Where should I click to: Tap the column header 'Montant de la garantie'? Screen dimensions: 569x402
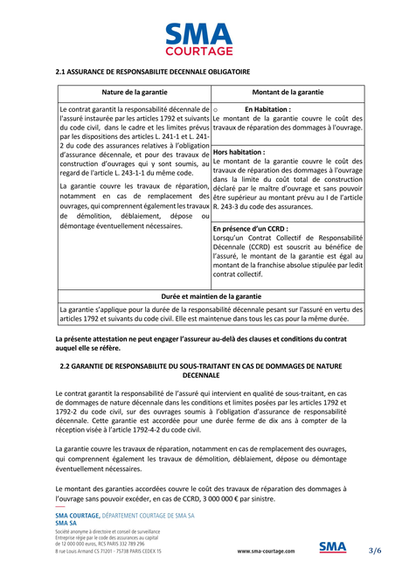point(288,92)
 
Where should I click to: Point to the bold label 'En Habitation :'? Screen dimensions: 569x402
point(267,109)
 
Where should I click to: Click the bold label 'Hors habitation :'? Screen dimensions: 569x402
point(239,152)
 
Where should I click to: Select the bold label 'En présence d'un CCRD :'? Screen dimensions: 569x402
point(250,229)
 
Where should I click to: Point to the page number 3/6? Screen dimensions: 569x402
point(375,550)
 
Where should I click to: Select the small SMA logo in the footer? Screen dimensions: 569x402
point(333,548)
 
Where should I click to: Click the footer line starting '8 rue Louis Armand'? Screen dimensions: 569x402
point(108,552)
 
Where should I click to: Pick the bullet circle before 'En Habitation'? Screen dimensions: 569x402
point(216,110)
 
